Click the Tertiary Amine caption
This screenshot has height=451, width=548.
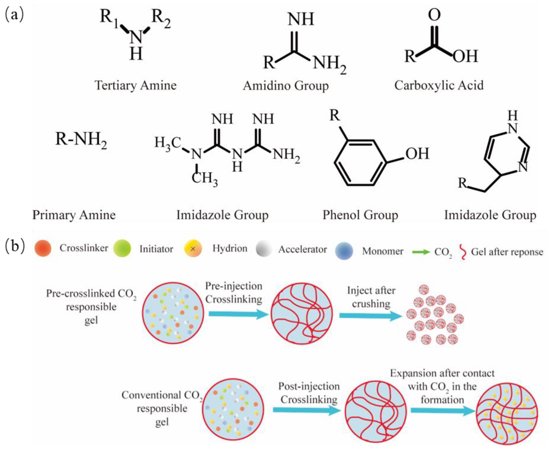(x=135, y=85)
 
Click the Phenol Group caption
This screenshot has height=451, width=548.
(x=360, y=215)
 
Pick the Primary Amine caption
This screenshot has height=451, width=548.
(x=74, y=215)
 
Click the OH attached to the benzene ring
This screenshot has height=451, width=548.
(x=417, y=154)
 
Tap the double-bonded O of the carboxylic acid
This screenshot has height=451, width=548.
(x=434, y=15)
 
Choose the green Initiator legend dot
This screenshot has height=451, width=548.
(x=122, y=248)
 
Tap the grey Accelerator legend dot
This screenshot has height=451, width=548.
(x=264, y=249)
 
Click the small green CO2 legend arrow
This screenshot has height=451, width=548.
(x=421, y=252)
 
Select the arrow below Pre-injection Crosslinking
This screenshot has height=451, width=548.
(x=238, y=314)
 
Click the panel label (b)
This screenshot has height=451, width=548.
(x=15, y=246)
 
